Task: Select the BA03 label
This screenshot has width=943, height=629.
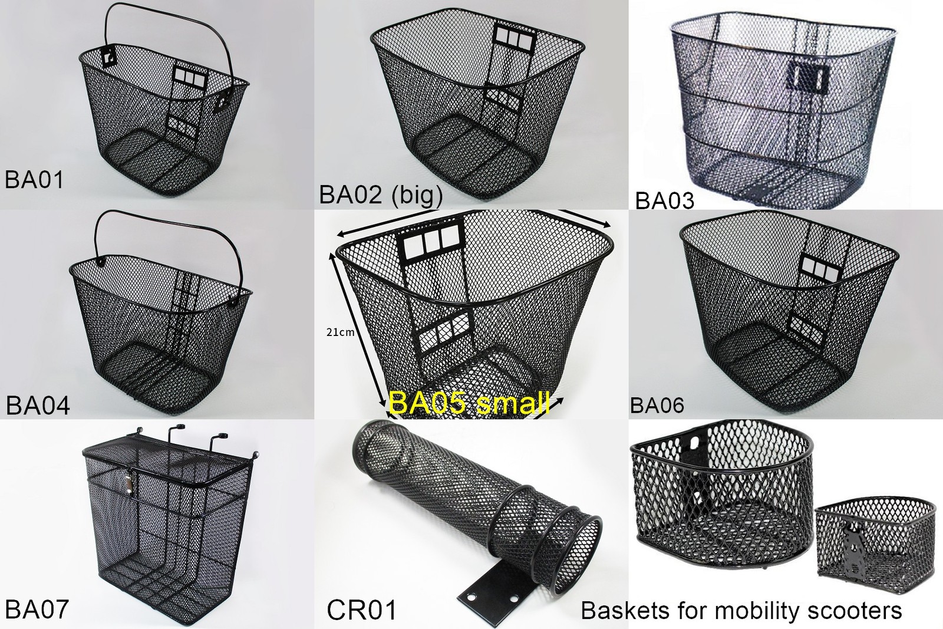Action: pos(664,200)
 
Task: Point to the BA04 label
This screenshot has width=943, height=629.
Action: pos(38,406)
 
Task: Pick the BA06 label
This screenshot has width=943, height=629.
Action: pos(657,405)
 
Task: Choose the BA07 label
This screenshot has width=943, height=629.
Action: pos(37,608)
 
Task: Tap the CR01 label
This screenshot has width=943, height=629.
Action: pos(361,610)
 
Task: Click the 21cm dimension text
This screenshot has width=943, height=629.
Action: pos(340,332)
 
